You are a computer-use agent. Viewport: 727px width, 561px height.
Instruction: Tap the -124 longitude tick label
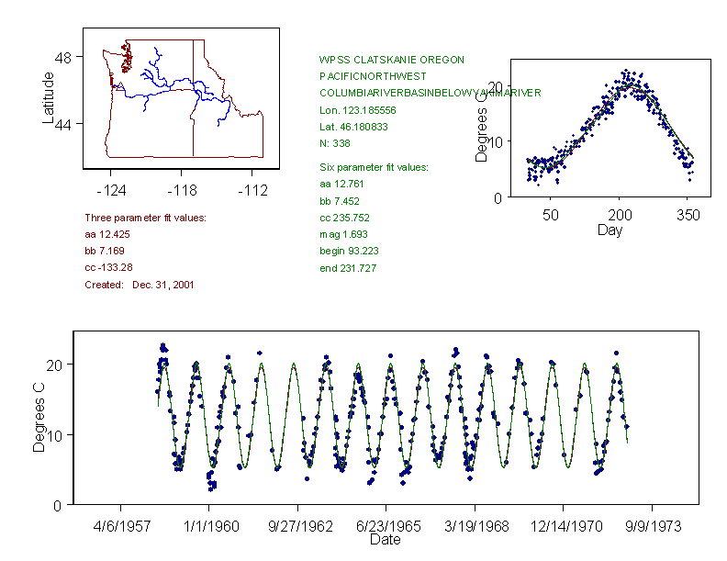111,190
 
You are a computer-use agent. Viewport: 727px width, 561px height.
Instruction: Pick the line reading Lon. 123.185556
354,110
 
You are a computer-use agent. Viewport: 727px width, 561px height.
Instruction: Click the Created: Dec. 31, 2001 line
139,285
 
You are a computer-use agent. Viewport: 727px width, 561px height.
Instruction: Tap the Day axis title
609,230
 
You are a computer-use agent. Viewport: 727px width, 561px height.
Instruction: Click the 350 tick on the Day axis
688,216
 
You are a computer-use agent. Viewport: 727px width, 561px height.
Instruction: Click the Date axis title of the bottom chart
386,540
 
